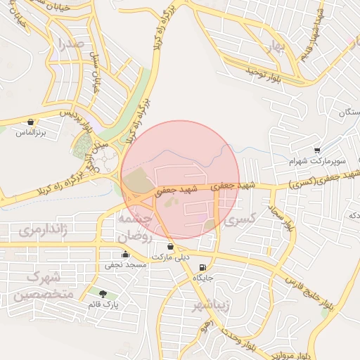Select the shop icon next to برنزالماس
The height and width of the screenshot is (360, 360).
[30, 122]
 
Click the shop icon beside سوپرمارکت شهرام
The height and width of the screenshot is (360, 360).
[318, 150]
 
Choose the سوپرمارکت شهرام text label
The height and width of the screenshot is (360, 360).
[317, 161]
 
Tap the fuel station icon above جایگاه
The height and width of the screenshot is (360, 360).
[203, 267]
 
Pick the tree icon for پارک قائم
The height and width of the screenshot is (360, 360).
[104, 294]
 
